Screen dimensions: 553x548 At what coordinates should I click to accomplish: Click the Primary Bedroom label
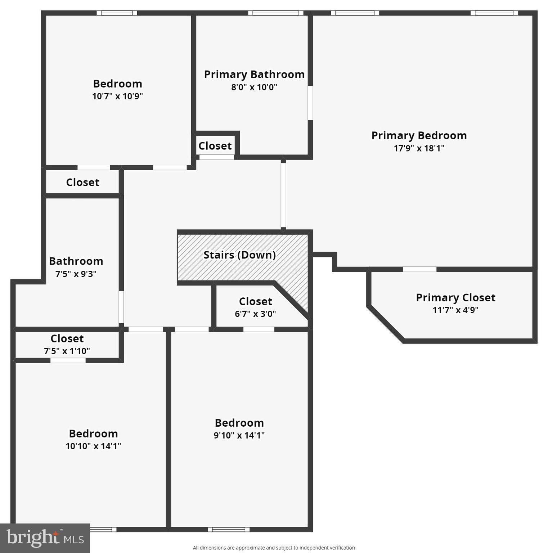[x=419, y=136]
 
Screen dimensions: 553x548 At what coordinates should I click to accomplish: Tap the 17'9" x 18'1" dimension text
[x=419, y=148]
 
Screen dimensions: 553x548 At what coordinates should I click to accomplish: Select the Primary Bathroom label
[x=254, y=75]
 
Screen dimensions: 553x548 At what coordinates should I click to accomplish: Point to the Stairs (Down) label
[x=239, y=255]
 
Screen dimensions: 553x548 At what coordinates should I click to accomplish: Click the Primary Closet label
[x=455, y=298]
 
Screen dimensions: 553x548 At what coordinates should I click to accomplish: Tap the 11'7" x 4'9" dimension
[x=455, y=310]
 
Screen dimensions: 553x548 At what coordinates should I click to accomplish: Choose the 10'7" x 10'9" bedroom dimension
[x=117, y=96]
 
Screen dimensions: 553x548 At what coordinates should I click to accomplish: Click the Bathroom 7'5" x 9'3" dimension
[x=76, y=274]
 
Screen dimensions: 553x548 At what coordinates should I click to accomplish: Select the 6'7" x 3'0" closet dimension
[x=255, y=314]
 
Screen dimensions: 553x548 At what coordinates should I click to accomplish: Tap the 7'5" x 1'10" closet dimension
[x=67, y=351]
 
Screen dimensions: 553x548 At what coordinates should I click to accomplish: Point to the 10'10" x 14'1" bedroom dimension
[x=93, y=446]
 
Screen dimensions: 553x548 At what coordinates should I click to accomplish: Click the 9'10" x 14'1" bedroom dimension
[x=239, y=435]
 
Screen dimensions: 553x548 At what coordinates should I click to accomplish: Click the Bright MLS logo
[x=45, y=538]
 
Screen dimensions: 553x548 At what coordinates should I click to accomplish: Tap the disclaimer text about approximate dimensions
[x=274, y=548]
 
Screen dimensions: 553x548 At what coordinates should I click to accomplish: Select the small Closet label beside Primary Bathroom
[x=215, y=146]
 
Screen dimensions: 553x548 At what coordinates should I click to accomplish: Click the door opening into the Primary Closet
[x=419, y=269]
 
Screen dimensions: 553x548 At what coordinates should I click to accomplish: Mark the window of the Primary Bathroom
[x=276, y=13]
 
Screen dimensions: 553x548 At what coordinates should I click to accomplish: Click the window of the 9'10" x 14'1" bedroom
[x=229, y=529]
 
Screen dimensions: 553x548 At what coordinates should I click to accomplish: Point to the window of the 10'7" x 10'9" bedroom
[x=117, y=13]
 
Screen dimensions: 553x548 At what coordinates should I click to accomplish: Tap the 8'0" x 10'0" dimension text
[x=254, y=87]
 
